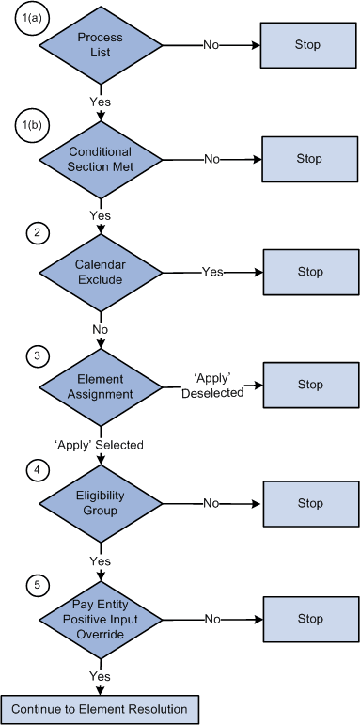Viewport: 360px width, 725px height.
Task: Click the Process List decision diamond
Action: pos(100,45)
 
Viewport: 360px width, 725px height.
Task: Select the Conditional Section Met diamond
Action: pos(100,159)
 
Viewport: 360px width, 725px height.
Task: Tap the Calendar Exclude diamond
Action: pos(100,272)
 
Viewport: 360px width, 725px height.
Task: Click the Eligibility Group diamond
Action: pos(100,503)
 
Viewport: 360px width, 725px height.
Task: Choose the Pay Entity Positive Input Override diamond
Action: pos(100,620)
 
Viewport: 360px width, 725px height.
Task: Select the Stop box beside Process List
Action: pos(309,44)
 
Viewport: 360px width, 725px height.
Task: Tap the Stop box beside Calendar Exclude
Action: pos(309,272)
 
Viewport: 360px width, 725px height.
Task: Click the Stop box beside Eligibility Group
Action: pos(309,503)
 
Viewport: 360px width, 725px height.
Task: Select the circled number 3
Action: pos(35,355)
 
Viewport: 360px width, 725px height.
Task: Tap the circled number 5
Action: pos(35,585)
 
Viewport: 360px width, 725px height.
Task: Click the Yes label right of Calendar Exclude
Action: pos(212,272)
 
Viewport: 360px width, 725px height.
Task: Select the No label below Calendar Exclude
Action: pos(100,328)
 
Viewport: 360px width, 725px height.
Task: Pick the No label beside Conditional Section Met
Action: pos(212,159)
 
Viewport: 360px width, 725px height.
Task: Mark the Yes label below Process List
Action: pos(100,101)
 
